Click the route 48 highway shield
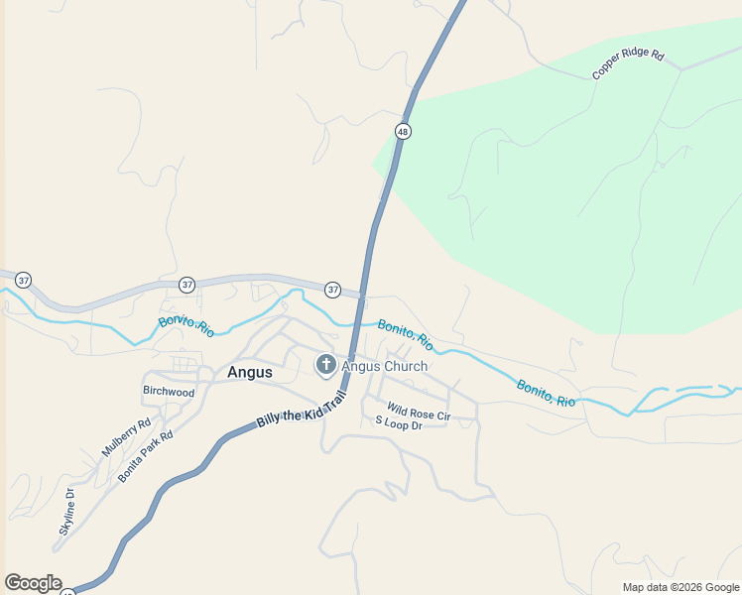pyautogui.click(x=402, y=131)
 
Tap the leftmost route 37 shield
pyautogui.click(x=23, y=281)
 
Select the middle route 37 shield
pyautogui.click(x=187, y=285)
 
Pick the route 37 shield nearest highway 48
pyautogui.click(x=332, y=290)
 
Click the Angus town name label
pyautogui.click(x=250, y=373)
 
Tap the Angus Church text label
pyautogui.click(x=385, y=366)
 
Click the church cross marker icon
pyautogui.click(x=325, y=366)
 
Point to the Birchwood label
pyautogui.click(x=169, y=392)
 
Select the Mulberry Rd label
pyautogui.click(x=126, y=437)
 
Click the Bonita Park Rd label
pyautogui.click(x=146, y=456)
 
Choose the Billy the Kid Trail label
pyautogui.click(x=301, y=409)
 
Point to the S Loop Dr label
pyautogui.click(x=399, y=423)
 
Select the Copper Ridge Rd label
pyautogui.click(x=628, y=63)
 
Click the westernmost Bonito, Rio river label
pyautogui.click(x=186, y=325)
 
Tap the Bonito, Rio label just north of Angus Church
pyautogui.click(x=405, y=334)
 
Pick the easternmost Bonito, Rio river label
pyautogui.click(x=546, y=393)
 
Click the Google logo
pyautogui.click(x=33, y=583)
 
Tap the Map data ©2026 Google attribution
pyautogui.click(x=680, y=587)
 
